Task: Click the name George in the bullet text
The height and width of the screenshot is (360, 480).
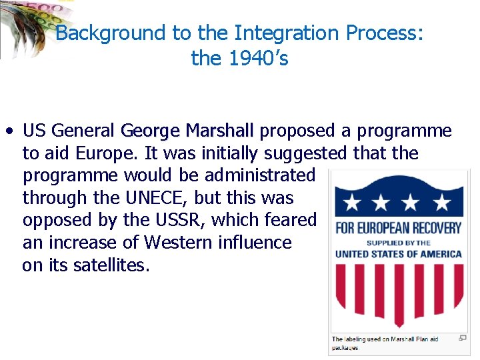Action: [x=151, y=130]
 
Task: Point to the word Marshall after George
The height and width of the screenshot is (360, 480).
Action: [x=220, y=130]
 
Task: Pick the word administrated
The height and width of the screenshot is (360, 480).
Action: [x=260, y=175]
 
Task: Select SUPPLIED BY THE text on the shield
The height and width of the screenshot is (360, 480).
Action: [x=398, y=243]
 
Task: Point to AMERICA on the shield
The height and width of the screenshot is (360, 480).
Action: [x=437, y=254]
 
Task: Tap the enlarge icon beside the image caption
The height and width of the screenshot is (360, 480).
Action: [x=463, y=338]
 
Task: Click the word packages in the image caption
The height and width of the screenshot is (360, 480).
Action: [x=345, y=347]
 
